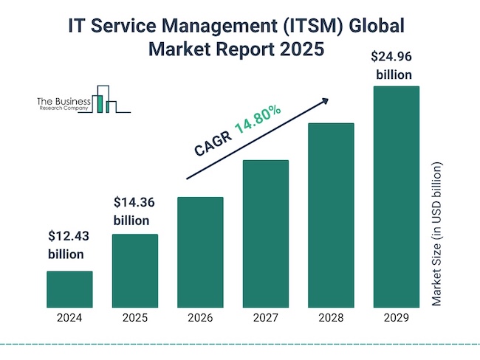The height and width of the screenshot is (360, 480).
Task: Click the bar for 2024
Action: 69,288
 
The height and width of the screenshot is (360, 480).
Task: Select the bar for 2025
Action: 134,270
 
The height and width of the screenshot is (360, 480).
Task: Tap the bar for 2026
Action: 200,252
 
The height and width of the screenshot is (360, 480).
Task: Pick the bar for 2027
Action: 265,233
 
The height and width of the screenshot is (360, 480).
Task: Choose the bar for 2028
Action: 331,215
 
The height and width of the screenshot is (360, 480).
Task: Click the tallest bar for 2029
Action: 396,196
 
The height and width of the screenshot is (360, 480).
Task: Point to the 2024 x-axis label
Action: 69,319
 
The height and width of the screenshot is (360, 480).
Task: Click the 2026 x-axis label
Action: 200,319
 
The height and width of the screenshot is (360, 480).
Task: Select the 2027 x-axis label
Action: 265,319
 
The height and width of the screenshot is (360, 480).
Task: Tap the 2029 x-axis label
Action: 396,319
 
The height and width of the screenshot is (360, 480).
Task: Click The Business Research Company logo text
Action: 63,104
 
